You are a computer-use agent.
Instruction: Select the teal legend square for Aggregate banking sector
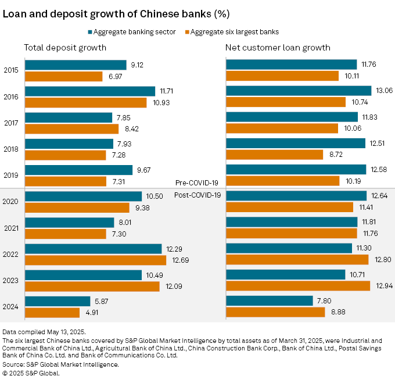pyautogui.click(x=91, y=32)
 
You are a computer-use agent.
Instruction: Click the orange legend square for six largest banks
pyautogui.click(x=186, y=32)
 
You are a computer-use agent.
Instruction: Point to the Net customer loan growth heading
pyautogui.click(x=278, y=48)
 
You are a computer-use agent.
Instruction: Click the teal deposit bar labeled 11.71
pyautogui.click(x=90, y=91)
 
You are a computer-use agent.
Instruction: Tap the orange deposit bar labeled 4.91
pyautogui.click(x=49, y=312)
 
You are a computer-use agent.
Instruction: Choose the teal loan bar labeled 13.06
pyautogui.click(x=298, y=91)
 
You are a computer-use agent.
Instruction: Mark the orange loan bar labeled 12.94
pyautogui.click(x=297, y=285)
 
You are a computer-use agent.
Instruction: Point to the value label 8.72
pyautogui.click(x=334, y=155)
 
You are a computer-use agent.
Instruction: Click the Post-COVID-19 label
pyautogui.click(x=198, y=195)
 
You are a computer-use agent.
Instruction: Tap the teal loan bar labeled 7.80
pyautogui.click(x=269, y=300)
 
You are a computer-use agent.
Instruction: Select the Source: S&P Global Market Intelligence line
pyautogui.click(x=61, y=364)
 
